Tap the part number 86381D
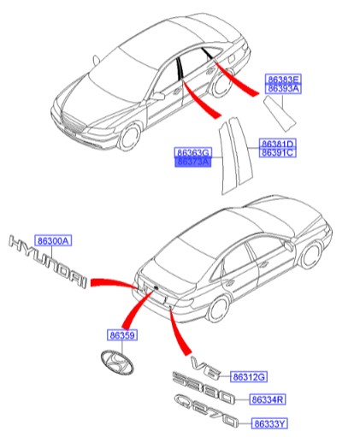277,143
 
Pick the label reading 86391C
277,153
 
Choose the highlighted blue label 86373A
192,161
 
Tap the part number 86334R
268,399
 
